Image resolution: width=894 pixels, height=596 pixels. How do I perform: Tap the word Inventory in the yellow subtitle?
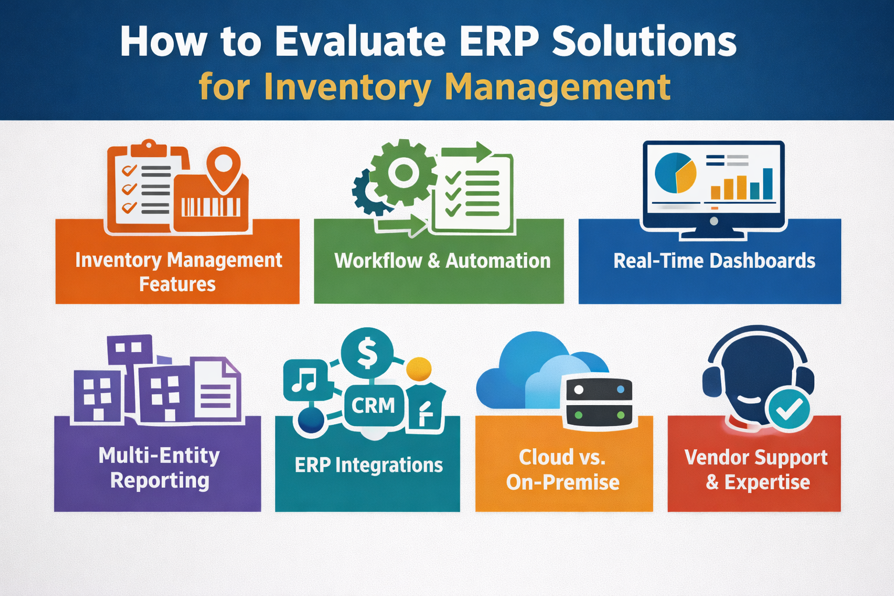pyautogui.click(x=347, y=87)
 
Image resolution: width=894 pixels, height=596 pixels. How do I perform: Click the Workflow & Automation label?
pyautogui.click(x=442, y=261)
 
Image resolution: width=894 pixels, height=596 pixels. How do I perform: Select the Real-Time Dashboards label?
pyautogui.click(x=714, y=261)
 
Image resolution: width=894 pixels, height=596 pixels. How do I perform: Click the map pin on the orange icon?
pyautogui.click(x=224, y=166)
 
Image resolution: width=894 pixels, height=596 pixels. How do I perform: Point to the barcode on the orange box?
pyautogui.click(x=211, y=207)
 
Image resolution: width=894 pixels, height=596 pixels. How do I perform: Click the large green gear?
pyautogui.click(x=403, y=172)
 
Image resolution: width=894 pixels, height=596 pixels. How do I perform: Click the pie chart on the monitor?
pyautogui.click(x=675, y=173)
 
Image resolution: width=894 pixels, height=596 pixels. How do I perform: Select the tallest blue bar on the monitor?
pyautogui.click(x=768, y=184)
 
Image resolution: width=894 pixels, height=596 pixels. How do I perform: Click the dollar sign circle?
pyautogui.click(x=367, y=353)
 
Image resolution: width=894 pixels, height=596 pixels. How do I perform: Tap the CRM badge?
pyautogui.click(x=373, y=405)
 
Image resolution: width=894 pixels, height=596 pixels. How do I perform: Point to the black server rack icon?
pyautogui.click(x=599, y=402)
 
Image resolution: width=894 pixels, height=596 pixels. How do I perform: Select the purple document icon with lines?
pyautogui.click(x=215, y=390)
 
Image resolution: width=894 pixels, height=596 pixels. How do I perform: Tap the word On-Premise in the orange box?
pyautogui.click(x=563, y=483)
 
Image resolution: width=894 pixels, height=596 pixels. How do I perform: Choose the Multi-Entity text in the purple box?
pyautogui.click(x=159, y=455)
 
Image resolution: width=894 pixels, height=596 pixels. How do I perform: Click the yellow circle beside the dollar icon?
pyautogui.click(x=418, y=368)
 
